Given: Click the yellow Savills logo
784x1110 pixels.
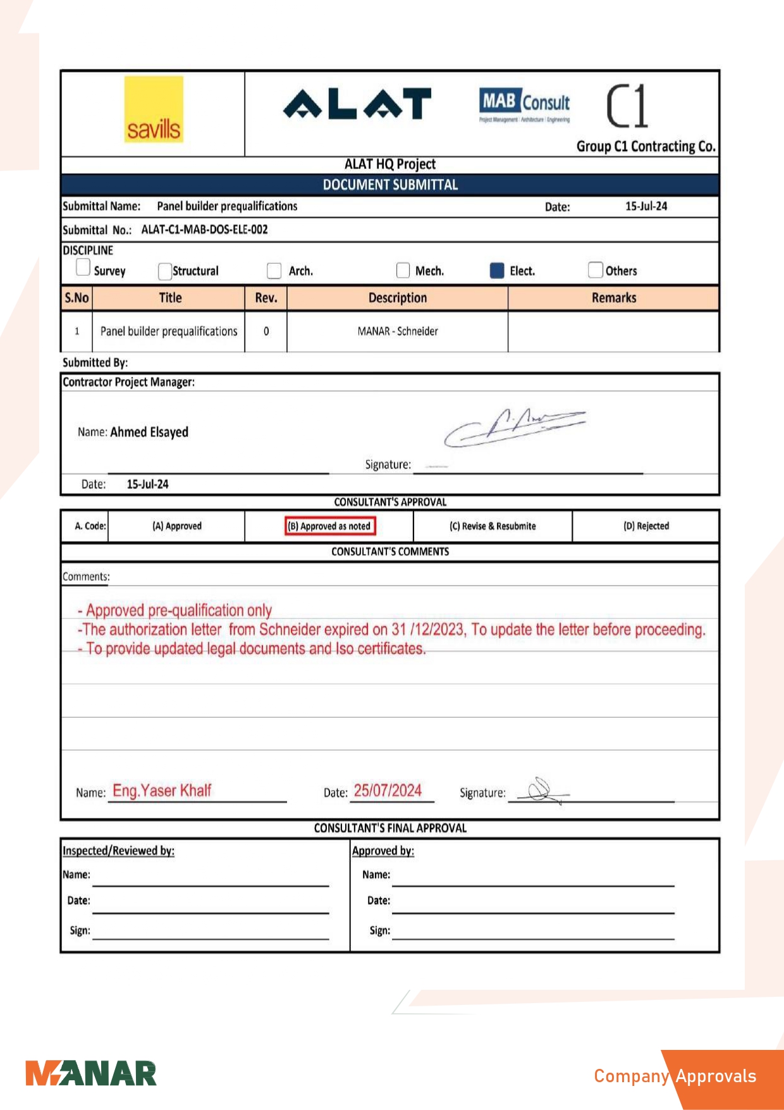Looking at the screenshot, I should click(154, 109).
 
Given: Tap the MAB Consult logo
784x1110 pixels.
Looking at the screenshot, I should click(524, 105).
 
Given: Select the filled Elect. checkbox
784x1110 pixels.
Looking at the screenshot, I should click(497, 271).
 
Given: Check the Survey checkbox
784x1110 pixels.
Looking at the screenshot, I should click(83, 268).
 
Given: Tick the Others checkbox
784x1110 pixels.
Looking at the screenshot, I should click(595, 270).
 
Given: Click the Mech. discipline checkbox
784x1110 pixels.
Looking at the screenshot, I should click(403, 271).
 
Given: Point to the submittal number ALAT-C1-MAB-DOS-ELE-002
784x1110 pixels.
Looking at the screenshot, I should click(204, 230).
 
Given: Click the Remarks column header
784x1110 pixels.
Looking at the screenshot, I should click(613, 298).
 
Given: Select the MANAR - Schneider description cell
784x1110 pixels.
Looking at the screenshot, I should click(397, 331).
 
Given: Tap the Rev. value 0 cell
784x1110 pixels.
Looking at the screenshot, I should click(266, 331).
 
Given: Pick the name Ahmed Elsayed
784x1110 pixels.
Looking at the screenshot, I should click(149, 432).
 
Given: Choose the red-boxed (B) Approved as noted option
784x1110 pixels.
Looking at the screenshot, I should click(329, 526).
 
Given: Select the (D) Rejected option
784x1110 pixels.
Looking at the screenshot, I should click(646, 526).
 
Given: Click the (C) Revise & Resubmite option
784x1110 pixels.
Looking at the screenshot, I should click(493, 526).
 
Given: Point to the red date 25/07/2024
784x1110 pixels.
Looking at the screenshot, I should click(388, 791).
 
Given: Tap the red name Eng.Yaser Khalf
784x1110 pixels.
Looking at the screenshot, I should click(162, 791).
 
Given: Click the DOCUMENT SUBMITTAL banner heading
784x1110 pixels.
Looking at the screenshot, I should click(390, 185).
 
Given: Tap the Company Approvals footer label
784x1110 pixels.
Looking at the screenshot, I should click(675, 1076).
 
